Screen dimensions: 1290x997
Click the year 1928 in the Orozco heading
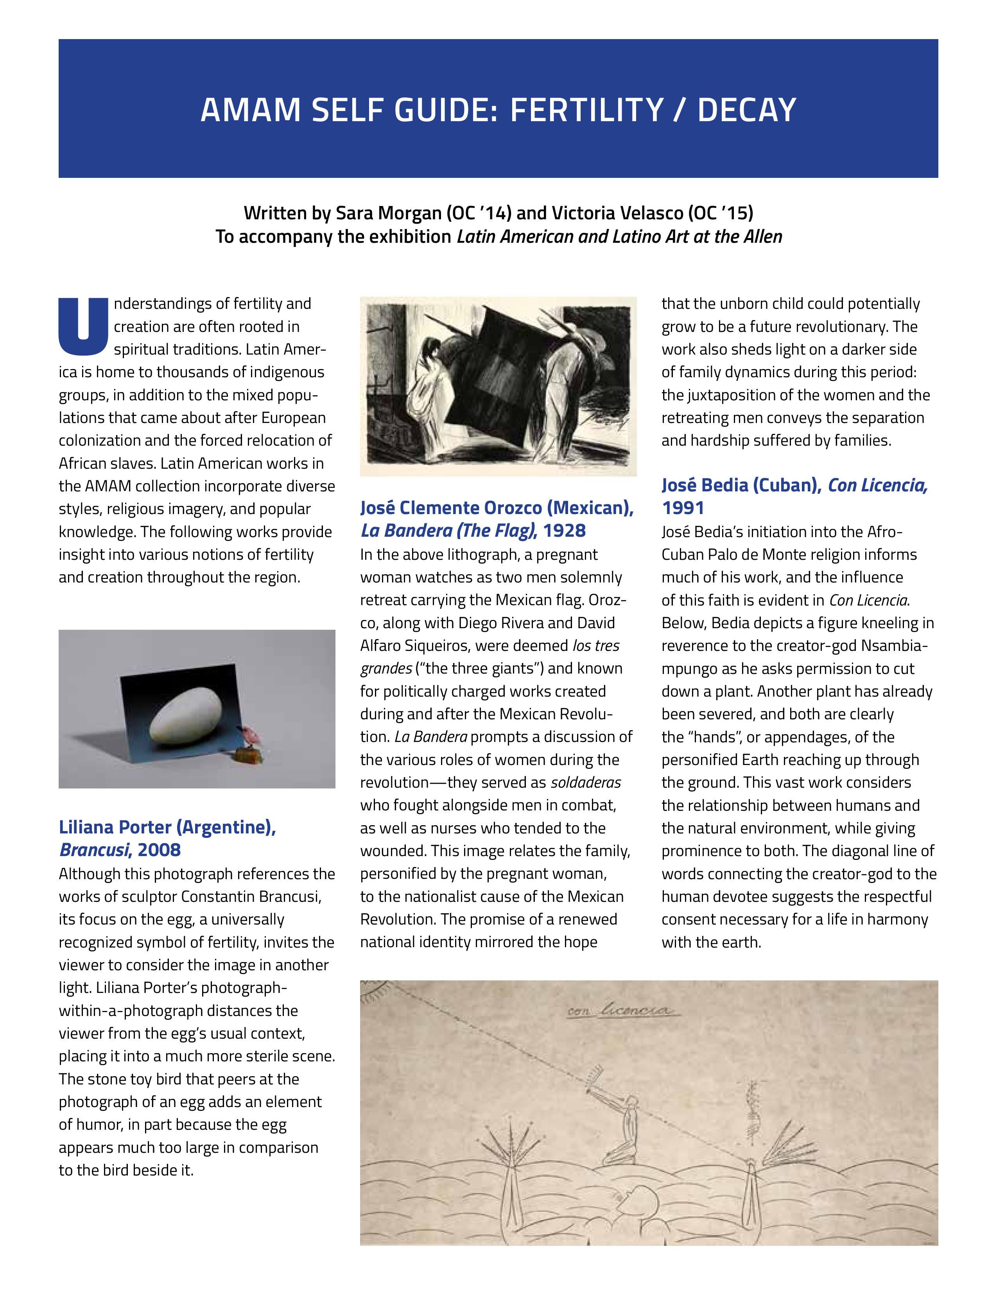(x=564, y=530)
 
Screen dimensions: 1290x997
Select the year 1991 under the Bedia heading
(x=683, y=507)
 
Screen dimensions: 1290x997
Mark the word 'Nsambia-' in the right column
(x=894, y=646)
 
